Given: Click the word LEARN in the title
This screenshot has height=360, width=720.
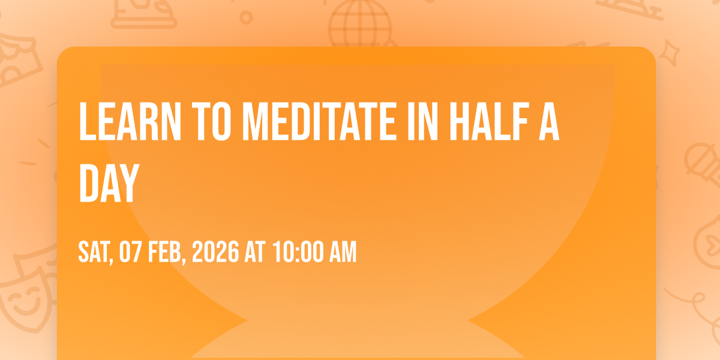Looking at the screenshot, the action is point(130,121).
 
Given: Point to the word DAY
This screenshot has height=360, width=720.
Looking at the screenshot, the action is point(109,183).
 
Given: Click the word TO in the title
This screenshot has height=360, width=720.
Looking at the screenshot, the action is point(211,121).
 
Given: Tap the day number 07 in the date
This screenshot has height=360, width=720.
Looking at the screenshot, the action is point(131,251).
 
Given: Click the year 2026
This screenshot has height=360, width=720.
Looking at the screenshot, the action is point(215,251).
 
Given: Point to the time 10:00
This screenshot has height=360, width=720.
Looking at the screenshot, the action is point(298,251).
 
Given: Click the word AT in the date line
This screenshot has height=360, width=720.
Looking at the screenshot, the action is point(255,251).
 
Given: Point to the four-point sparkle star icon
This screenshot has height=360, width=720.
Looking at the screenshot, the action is point(669,52).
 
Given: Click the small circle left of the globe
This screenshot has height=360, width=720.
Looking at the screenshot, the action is point(246,17).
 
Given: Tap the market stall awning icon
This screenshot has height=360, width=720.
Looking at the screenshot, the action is point(17,59).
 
